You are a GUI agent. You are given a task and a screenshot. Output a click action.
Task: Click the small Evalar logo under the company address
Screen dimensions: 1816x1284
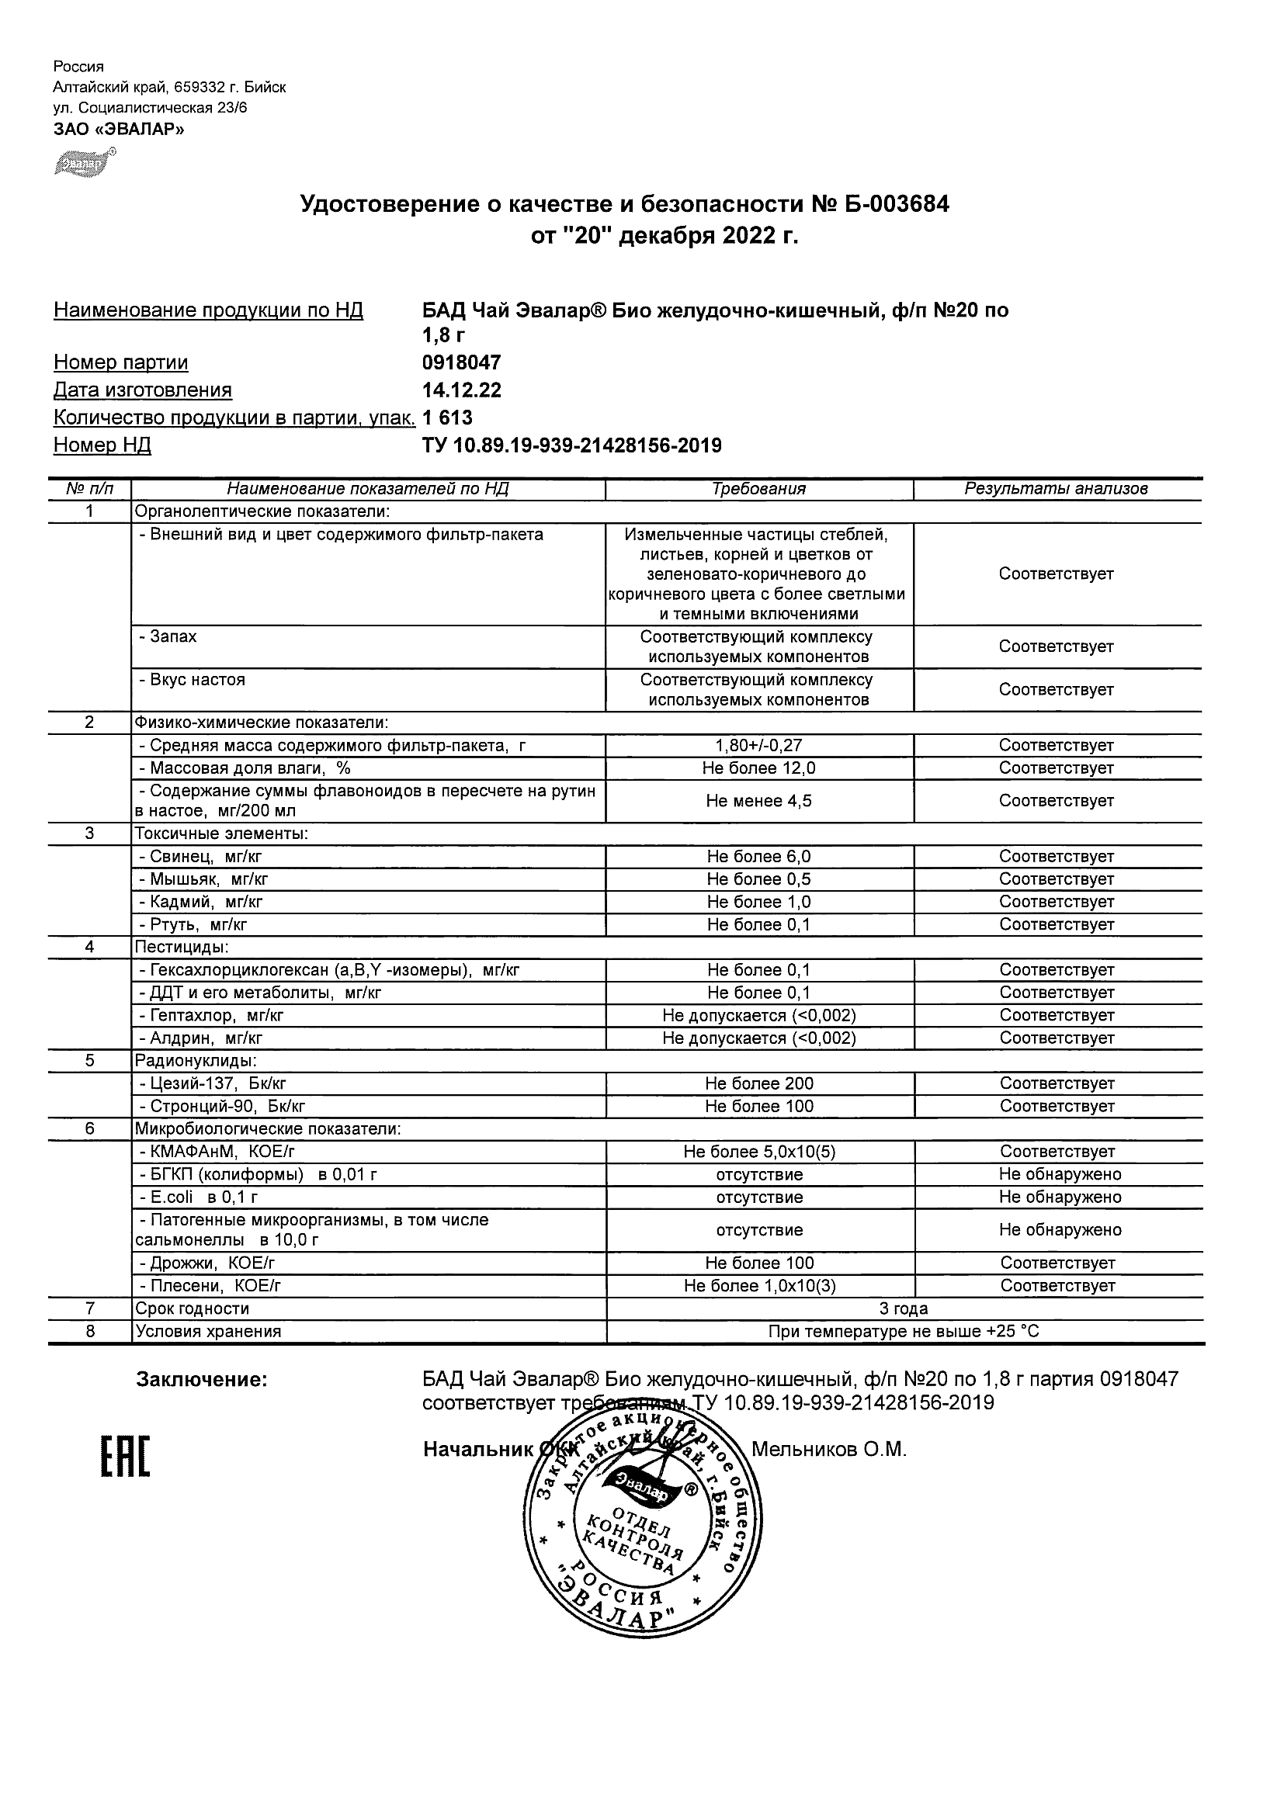[x=84, y=162]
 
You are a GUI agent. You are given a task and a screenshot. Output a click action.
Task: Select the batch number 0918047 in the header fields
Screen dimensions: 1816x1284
[x=462, y=362]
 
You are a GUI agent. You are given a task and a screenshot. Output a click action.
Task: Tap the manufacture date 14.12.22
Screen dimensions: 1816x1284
[x=462, y=390]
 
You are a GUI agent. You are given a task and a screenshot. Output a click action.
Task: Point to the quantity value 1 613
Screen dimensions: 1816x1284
[x=448, y=418]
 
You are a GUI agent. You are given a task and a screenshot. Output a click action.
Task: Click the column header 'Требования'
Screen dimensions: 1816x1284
[x=758, y=489]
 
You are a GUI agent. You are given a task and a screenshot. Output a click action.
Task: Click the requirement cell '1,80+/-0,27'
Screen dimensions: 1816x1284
[x=758, y=745]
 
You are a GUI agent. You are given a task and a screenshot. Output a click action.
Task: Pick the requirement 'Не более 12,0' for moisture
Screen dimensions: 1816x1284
[x=758, y=768]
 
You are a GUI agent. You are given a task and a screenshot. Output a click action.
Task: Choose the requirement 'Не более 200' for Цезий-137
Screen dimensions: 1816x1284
[x=758, y=1083]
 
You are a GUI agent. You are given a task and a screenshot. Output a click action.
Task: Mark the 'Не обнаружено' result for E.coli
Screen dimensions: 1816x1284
[x=1060, y=1197]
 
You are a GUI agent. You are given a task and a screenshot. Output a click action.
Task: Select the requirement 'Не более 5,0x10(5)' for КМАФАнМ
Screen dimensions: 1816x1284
[x=758, y=1152]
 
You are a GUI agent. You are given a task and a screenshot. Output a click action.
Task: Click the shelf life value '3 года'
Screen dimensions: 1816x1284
[x=904, y=1309]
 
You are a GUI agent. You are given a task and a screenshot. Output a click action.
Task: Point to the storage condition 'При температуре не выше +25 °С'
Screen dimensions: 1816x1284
[x=904, y=1332]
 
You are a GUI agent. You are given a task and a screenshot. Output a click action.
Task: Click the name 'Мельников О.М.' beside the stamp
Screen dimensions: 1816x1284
[x=828, y=1450]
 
